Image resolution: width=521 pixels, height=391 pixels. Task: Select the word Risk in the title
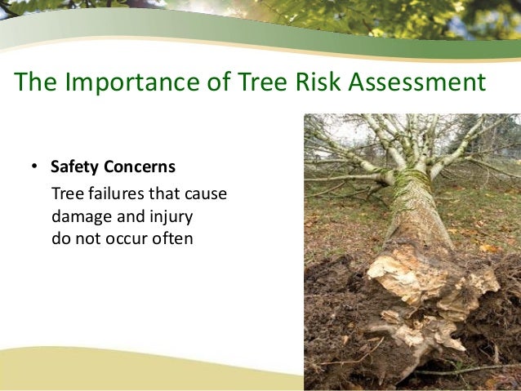click(x=317, y=83)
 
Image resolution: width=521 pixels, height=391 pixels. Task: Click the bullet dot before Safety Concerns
click(x=34, y=168)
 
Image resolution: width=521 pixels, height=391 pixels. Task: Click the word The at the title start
click(x=32, y=83)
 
